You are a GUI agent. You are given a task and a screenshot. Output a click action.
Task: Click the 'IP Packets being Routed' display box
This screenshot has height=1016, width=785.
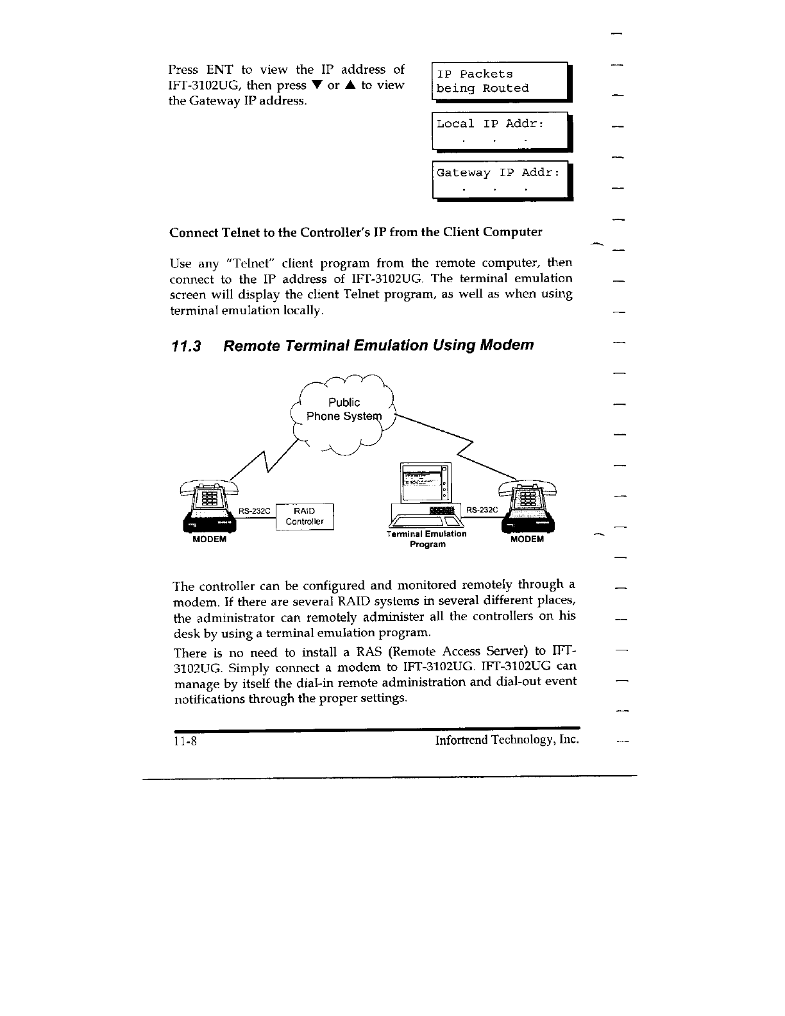500,81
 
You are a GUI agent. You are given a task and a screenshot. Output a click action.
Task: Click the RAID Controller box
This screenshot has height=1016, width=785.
305,516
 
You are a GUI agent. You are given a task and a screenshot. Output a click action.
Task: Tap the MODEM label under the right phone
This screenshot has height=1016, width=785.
527,539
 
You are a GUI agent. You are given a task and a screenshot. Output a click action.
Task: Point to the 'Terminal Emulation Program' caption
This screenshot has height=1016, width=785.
426,539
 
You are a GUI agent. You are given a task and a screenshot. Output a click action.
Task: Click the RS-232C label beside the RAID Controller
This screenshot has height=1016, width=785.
255,511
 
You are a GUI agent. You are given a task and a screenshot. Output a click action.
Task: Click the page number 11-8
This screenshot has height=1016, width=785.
183,741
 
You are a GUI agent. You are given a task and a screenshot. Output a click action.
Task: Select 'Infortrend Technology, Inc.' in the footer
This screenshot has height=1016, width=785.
507,740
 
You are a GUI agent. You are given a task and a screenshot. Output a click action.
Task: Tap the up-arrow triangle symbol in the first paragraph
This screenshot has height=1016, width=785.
352,86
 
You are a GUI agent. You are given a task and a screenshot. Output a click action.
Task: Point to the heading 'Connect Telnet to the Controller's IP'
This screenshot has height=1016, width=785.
355,232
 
